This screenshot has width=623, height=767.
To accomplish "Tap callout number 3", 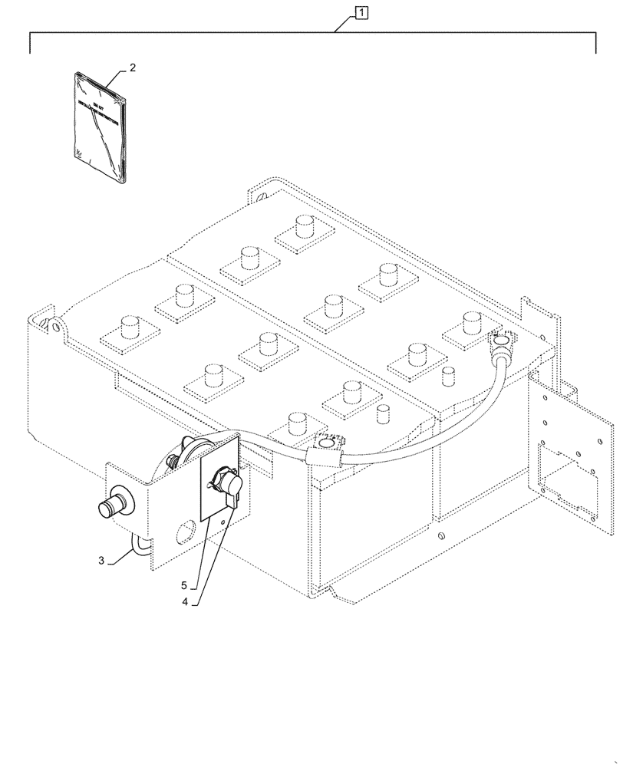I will [x=101, y=561].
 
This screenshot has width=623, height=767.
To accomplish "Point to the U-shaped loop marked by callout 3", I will [x=138, y=546].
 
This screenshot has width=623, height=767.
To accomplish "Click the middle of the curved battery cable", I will [x=430, y=445].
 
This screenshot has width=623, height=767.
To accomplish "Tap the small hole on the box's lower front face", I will [x=443, y=536].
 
